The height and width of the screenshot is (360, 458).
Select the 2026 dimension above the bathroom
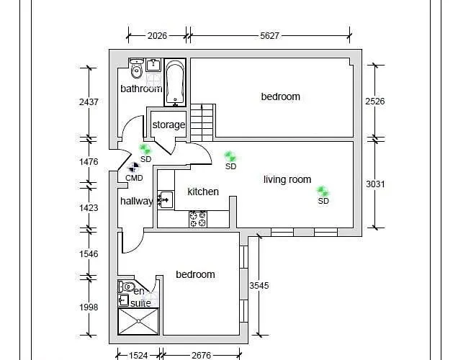point(157,35)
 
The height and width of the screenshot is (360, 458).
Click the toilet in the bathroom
point(136,71)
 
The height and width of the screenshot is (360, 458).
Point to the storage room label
point(169,125)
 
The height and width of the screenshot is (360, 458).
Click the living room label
point(287,179)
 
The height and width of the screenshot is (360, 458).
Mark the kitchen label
point(203,192)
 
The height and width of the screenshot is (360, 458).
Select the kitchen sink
point(165,199)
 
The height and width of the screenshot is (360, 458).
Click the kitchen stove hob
point(197,219)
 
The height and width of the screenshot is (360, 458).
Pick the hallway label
point(136,201)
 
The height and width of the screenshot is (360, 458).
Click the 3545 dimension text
point(259,286)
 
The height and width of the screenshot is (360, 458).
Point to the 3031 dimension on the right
point(375,184)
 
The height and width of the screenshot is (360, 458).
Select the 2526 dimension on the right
point(375,102)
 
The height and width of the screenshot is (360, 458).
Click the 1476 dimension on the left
point(89,162)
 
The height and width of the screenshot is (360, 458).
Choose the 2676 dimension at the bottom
point(202,354)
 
